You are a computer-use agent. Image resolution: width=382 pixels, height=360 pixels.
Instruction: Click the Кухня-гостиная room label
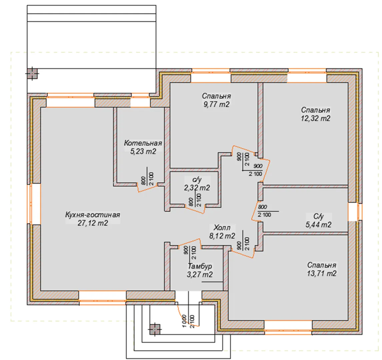(93, 215)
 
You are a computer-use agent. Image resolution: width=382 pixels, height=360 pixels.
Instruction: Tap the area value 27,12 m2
(93, 223)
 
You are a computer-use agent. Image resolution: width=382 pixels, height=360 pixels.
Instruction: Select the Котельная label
(143, 143)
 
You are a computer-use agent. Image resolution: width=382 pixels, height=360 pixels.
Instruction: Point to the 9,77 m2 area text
(217, 104)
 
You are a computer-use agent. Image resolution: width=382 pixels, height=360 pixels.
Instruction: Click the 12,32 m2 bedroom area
(315, 118)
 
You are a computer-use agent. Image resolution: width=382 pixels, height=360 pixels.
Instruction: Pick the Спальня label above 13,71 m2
(322, 265)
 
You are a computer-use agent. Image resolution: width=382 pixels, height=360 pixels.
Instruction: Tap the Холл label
(222, 228)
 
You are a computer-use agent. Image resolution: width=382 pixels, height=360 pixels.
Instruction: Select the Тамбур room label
(200, 266)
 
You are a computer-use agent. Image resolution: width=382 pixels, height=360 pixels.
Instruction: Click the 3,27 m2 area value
(200, 275)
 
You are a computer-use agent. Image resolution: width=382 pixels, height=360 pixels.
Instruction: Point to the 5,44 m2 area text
(318, 225)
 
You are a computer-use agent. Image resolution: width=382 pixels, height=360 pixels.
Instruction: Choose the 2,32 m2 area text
(197, 188)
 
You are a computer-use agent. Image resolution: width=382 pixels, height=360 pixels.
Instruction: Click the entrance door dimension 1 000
(184, 321)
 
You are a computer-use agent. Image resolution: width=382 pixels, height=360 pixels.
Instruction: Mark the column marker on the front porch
(155, 330)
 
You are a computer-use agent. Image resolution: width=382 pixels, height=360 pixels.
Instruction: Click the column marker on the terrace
(32, 73)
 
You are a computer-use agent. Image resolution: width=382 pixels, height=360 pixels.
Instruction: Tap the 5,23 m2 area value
(143, 151)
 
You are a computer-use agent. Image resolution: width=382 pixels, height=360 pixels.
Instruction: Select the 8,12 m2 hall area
(222, 236)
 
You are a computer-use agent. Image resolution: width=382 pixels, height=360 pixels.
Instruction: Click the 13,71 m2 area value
(322, 273)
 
